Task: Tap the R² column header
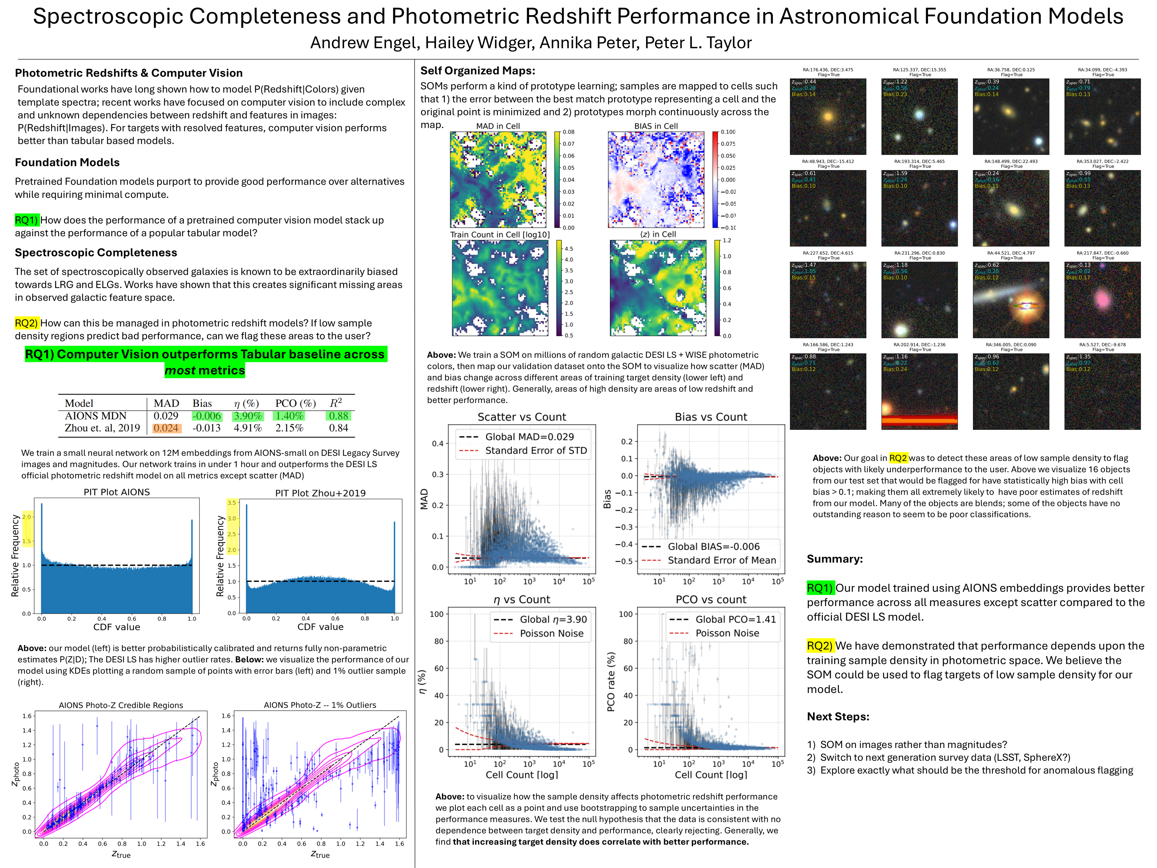click(336, 403)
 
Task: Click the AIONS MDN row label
click(96, 416)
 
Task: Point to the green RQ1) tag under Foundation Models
click(27, 220)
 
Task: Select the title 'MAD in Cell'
click(498, 126)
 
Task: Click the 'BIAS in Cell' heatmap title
click(656, 126)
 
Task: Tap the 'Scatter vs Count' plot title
click(522, 417)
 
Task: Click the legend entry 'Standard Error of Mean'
click(722, 560)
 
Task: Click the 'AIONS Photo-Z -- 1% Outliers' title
click(320, 705)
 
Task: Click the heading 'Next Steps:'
click(838, 717)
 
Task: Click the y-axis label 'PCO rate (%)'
click(610, 682)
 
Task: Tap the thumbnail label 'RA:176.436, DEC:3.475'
click(828, 70)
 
